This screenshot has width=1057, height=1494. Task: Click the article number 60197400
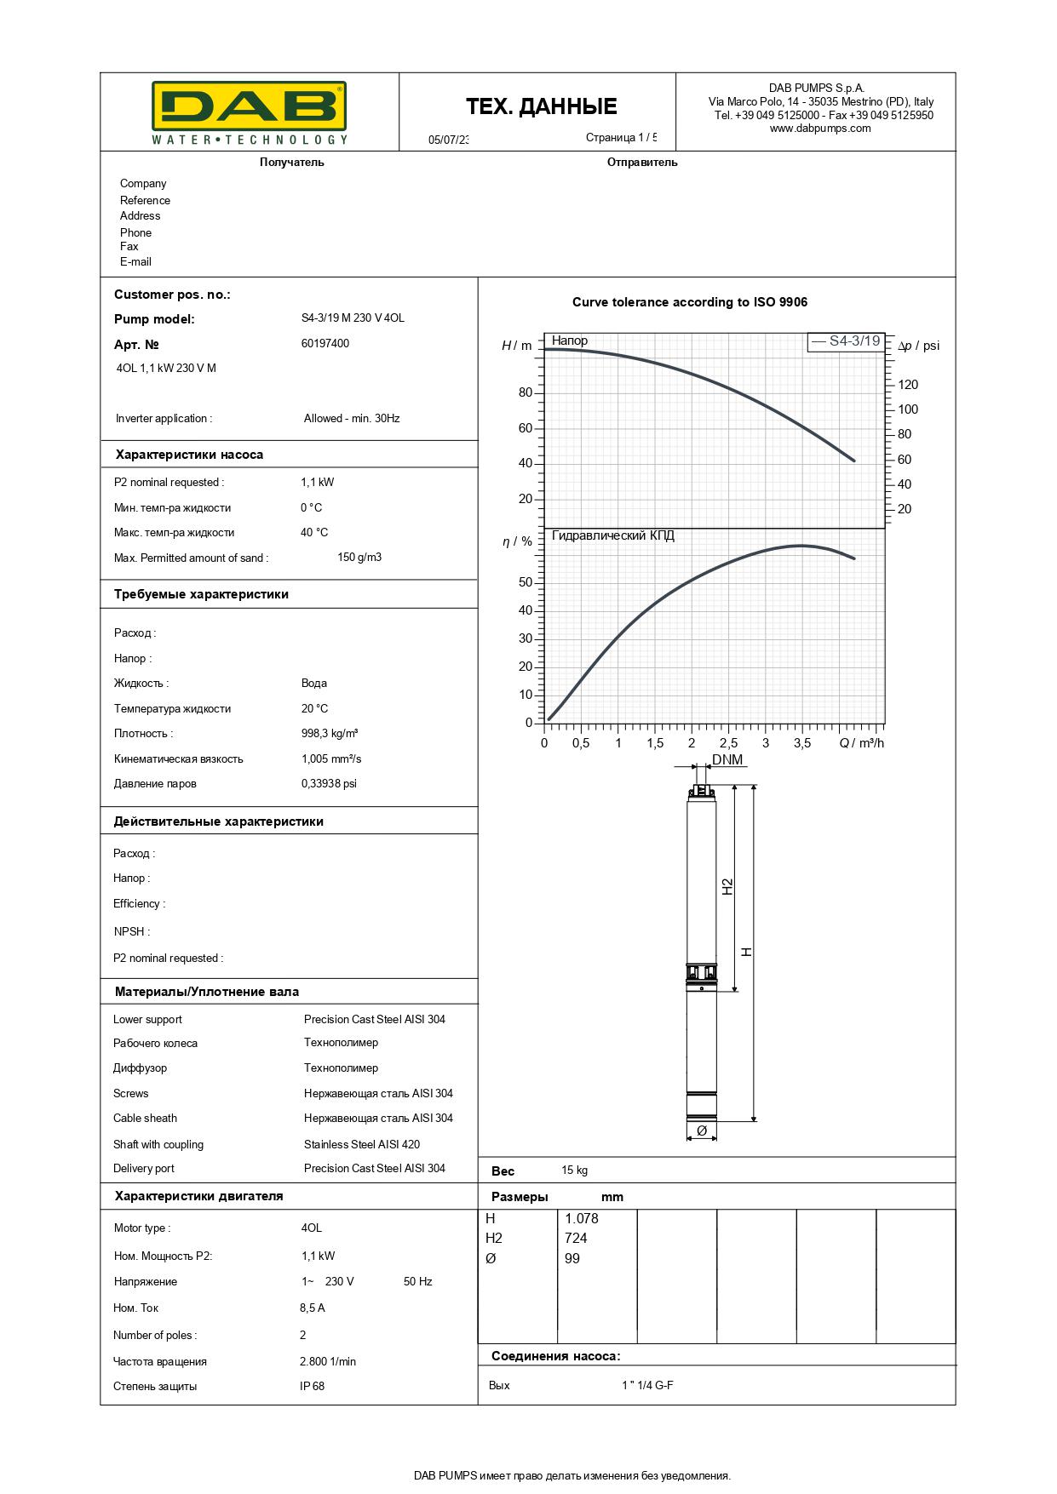coord(325,344)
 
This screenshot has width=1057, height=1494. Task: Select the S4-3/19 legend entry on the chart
coord(846,341)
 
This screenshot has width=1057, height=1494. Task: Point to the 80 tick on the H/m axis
coord(525,392)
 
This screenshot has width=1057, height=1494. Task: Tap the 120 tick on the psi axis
coord(908,385)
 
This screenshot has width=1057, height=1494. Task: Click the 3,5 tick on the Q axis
coord(802,743)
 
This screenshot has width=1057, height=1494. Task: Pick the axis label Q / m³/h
coord(861,743)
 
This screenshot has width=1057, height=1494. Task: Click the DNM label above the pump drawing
coord(727,759)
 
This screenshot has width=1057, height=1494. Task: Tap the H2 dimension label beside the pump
coord(727,886)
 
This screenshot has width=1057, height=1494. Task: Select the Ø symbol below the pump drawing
coord(702,1131)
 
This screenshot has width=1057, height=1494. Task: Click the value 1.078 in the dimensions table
coord(581,1218)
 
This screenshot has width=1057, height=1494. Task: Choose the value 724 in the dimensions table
coord(576,1238)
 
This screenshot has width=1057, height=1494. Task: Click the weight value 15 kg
coord(574,1171)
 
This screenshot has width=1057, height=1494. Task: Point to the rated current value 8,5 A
coord(313,1308)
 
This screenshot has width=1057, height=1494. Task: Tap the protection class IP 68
coord(312,1386)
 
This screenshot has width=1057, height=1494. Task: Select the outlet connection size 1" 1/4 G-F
coord(647,1385)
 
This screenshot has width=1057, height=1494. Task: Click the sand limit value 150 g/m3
coord(359,558)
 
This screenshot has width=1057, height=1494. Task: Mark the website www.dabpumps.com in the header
coord(820,129)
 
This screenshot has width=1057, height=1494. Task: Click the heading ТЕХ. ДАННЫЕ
coord(541,106)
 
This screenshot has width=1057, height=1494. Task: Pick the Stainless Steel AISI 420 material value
coord(362,1144)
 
